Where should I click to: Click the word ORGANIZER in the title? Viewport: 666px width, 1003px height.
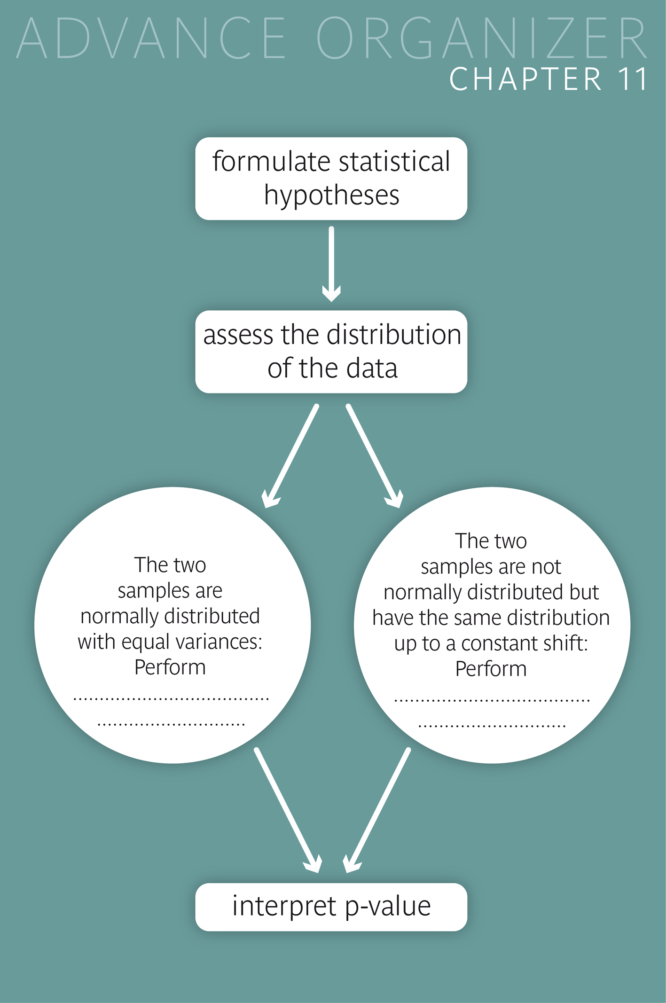coord(482,39)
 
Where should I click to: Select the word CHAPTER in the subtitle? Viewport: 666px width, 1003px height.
coord(525,79)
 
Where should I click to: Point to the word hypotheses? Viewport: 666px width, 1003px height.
coord(331,195)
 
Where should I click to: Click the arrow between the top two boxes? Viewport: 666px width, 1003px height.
coord(331,263)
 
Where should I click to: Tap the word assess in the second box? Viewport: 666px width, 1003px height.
coord(238,335)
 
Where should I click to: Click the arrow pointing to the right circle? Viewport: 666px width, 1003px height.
coord(374,456)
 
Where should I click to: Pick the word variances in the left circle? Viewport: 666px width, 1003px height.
coord(224,642)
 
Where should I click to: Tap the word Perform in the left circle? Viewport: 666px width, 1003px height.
coord(170,667)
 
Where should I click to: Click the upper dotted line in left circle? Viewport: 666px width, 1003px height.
coord(171,699)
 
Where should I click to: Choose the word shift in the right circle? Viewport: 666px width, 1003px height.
coord(568,643)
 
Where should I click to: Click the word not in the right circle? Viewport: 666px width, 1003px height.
coord(546,567)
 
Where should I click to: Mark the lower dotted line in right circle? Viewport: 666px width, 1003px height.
coord(492,726)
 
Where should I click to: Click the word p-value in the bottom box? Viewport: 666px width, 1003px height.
coord(388,906)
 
